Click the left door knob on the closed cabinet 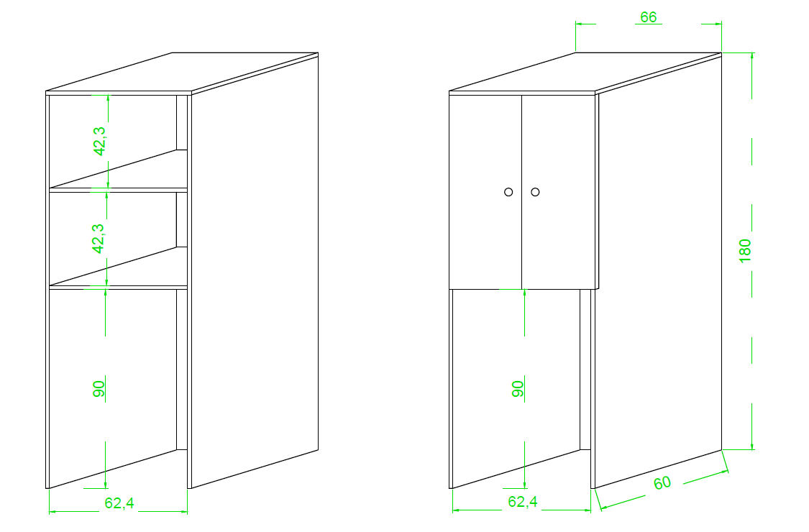(508, 192)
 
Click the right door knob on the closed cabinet (535, 192)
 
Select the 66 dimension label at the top (649, 17)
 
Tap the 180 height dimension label (745, 251)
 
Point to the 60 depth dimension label (662, 483)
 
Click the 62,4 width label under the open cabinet (119, 503)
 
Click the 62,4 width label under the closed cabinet (523, 502)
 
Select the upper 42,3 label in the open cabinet (99, 141)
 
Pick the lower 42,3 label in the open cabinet (98, 239)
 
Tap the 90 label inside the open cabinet (99, 388)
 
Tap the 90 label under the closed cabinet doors (518, 388)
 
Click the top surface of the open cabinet (182, 72)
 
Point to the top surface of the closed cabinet (585, 72)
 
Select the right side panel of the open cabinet (255, 271)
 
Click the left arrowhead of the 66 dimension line (579, 23)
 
